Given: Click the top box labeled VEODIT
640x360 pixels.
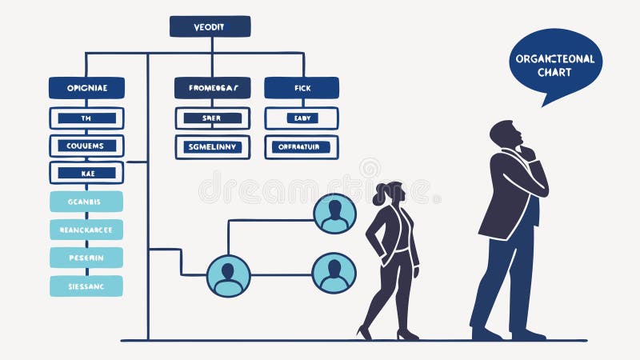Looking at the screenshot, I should point(210,26).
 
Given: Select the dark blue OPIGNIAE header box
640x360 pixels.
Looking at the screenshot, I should point(86,88).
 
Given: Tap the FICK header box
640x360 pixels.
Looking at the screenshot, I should point(302,88).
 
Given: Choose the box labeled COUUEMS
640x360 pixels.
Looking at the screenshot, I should point(86,146).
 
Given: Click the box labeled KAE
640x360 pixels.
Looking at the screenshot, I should point(86,173).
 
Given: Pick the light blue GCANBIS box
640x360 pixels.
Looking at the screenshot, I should point(86,202).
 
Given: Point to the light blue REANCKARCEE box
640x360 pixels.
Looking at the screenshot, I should point(86,230).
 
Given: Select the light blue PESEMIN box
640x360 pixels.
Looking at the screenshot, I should point(86,258).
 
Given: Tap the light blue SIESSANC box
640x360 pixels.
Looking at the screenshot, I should point(86,286).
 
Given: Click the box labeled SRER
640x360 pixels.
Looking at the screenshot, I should point(213,118).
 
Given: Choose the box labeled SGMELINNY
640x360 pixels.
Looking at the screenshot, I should point(213,146).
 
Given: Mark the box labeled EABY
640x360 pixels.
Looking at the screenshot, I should point(302,118).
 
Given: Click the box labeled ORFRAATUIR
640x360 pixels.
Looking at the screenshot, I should point(302,146).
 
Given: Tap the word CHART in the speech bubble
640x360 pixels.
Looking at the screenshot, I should point(554,72).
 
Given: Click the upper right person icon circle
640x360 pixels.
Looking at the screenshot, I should point(334,214).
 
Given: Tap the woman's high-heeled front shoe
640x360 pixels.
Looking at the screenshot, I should point(366,331).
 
